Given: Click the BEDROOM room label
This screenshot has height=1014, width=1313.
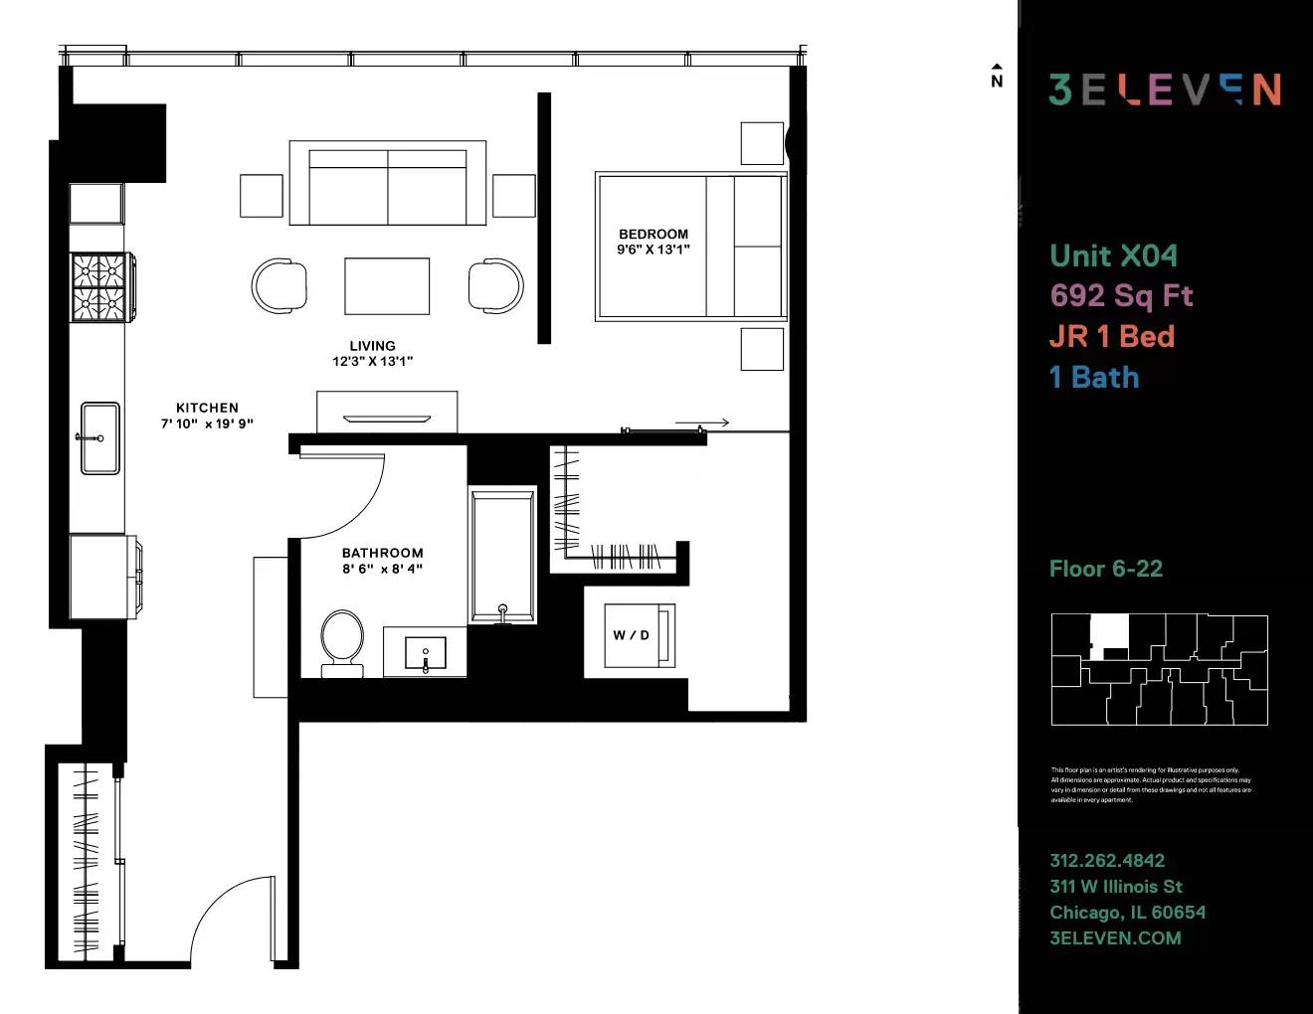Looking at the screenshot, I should [653, 235].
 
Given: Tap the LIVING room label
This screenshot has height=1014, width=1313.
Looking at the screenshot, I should [372, 346].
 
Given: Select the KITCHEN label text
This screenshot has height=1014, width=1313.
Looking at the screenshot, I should [207, 408].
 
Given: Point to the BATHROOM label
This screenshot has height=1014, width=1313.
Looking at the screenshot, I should [382, 553].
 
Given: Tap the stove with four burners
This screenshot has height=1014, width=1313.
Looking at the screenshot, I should [99, 287].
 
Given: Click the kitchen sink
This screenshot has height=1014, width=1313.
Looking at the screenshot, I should [100, 438].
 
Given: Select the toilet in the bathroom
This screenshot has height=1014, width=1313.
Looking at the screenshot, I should [342, 641].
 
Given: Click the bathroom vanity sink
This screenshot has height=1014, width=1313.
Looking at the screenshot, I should [426, 654].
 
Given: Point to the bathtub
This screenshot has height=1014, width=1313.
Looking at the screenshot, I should [502, 554].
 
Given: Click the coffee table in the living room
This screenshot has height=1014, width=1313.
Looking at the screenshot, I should [387, 286].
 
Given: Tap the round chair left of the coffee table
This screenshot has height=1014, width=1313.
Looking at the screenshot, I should [278, 286].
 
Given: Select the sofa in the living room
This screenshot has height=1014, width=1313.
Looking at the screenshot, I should [387, 184].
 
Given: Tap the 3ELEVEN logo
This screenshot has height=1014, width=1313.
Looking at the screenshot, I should [1164, 89].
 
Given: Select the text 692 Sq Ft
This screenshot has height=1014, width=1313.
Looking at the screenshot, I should [1121, 295].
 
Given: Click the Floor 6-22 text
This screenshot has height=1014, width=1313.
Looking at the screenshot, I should [1105, 569].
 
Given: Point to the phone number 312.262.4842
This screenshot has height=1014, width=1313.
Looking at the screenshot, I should [1107, 861].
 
